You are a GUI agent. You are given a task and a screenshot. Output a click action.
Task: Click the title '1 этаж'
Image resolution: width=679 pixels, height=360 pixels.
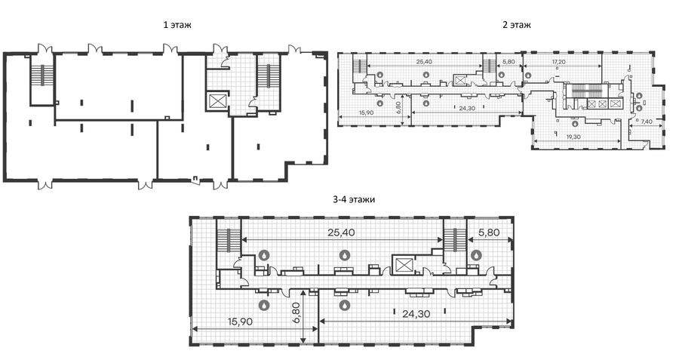pos(177,25)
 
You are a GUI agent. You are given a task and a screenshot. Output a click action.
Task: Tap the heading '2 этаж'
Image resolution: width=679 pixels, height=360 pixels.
pos(517,25)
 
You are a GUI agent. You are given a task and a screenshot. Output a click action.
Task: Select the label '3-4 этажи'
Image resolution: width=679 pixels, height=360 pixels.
pos(354,200)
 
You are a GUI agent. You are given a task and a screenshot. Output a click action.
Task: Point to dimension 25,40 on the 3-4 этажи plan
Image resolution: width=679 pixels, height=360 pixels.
pos(341,232)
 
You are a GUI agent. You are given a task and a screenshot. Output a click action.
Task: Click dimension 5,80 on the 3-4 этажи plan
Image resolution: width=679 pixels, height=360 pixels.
pos(489,232)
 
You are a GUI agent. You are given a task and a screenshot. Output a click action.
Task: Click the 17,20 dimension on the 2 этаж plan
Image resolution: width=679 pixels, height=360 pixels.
pos(558,62)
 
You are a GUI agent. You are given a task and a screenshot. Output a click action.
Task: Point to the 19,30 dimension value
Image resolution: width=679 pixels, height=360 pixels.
pos(573,137)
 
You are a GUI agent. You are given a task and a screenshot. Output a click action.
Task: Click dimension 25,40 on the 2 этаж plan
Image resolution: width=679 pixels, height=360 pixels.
pos(424,62)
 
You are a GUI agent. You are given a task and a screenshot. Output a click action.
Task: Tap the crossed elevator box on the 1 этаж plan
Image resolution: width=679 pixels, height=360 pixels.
pos(216,101)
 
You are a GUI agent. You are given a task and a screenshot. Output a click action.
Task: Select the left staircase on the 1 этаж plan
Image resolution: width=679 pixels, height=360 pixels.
pos(42,75)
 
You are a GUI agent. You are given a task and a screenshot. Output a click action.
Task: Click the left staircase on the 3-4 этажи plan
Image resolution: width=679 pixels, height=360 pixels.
pos(228,239)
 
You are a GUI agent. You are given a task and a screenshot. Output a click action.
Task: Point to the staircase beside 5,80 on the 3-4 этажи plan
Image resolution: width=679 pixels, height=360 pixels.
pos(455,240)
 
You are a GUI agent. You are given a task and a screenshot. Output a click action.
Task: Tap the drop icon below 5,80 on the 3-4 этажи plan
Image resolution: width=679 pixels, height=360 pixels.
pos(477,255)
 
